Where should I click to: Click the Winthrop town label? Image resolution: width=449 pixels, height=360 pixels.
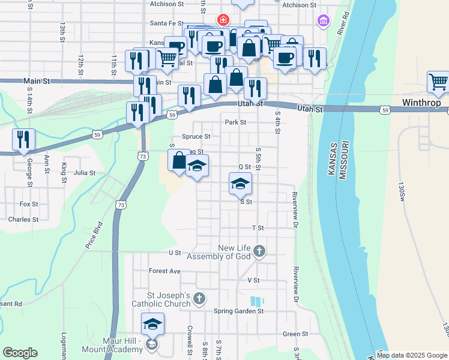click(422, 103)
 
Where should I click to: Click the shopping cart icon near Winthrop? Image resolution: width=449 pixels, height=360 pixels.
click(438, 82)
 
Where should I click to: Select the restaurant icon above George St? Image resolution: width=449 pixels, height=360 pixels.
click(23, 139)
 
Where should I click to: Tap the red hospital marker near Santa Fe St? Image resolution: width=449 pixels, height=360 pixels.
click(223, 20)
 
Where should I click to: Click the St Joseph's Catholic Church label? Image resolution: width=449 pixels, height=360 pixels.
click(169, 300)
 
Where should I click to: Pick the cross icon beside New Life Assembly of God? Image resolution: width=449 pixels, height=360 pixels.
click(259, 251)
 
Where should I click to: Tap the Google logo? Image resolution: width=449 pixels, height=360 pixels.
click(20, 353)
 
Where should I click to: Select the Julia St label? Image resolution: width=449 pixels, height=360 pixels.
click(85, 173)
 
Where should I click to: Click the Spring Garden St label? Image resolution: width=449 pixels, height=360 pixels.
click(239, 311)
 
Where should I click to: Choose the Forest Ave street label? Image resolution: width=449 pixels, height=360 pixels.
click(165, 271)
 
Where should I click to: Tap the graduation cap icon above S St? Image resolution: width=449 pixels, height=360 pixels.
click(240, 183)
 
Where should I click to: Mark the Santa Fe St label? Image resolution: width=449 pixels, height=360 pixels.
click(166, 23)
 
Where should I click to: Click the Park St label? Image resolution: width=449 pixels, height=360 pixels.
click(235, 122)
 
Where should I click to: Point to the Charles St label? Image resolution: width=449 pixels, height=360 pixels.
click(23, 220)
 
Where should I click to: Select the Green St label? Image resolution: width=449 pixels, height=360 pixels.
click(295, 334)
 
